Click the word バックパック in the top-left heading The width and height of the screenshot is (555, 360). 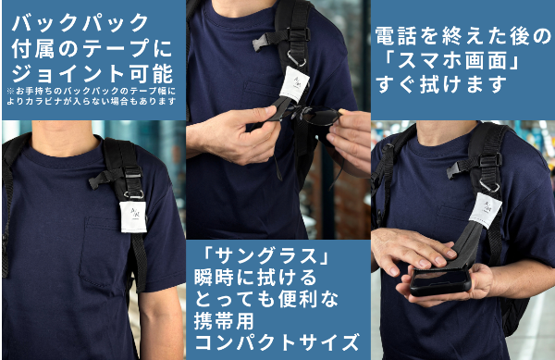80,22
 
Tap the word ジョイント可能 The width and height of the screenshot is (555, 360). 92,73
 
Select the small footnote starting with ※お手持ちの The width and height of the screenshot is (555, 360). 92,96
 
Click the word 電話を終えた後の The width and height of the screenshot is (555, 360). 463,36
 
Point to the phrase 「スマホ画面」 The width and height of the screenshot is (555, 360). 450,61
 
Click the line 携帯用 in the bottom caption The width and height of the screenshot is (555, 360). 224,321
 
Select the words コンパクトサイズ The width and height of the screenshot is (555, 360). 277,342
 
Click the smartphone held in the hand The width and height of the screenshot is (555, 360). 440,281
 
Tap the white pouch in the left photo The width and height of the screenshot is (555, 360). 132,217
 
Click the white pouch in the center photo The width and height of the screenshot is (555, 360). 294,83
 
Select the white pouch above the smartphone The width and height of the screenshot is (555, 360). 487,211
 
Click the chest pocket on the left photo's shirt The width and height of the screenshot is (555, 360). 103,252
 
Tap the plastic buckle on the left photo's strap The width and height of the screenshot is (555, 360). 98,180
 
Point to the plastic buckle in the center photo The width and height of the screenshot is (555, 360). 261,43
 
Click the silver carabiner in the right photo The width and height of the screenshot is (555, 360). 489,185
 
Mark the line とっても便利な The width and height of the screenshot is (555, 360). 266,300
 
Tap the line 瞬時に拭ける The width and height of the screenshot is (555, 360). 255,278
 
